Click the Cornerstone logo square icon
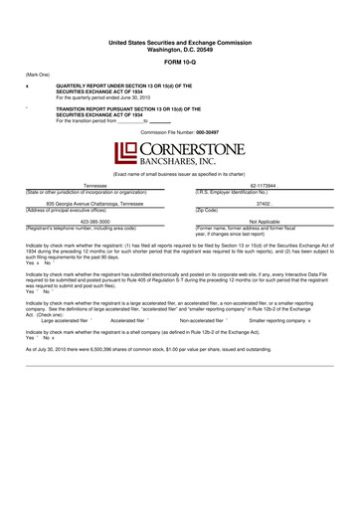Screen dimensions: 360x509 [124, 153]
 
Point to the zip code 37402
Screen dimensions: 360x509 [264, 203]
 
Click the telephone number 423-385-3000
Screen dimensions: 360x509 [94, 222]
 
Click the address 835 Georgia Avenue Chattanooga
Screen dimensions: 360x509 [94, 203]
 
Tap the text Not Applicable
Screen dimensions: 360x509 [264, 222]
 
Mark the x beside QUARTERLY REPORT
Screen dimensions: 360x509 [27, 86]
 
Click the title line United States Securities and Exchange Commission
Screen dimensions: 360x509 [180, 44]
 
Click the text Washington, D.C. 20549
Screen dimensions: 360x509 [180, 51]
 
